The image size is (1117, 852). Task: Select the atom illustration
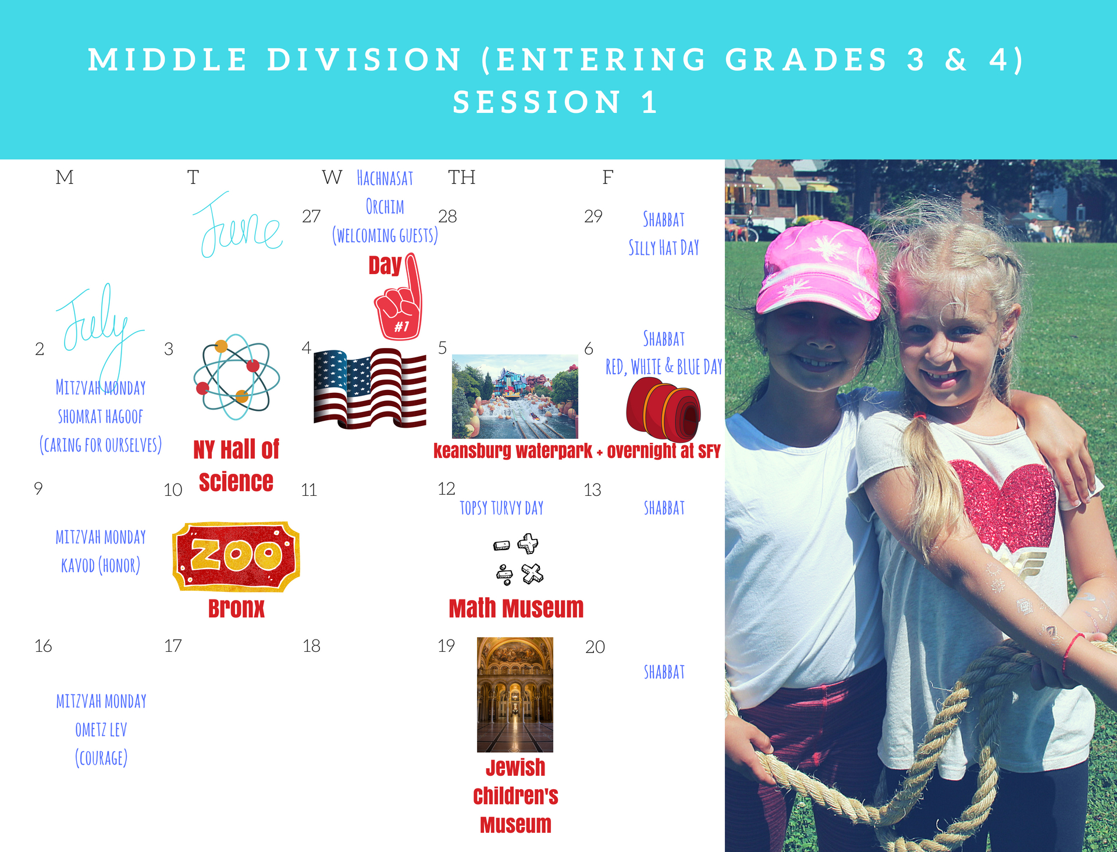[x=236, y=377]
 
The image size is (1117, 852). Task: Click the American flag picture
[x=370, y=388]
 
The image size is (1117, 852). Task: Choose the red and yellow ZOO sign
[x=236, y=556]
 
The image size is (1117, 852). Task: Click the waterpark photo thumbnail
[x=515, y=396]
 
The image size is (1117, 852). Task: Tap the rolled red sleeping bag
[x=663, y=409]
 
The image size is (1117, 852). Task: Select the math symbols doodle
[x=518, y=559]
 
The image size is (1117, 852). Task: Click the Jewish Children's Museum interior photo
[x=515, y=694]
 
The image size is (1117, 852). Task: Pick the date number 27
[x=311, y=216]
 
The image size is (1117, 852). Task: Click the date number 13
[x=592, y=490]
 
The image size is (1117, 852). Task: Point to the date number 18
[x=311, y=646]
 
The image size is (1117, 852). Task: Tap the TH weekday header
[x=462, y=177]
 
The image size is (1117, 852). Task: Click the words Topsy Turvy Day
[x=501, y=508]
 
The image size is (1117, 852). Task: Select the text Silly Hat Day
[x=664, y=248]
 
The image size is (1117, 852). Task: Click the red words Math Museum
[x=516, y=608]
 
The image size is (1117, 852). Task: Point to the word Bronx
[x=236, y=608]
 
